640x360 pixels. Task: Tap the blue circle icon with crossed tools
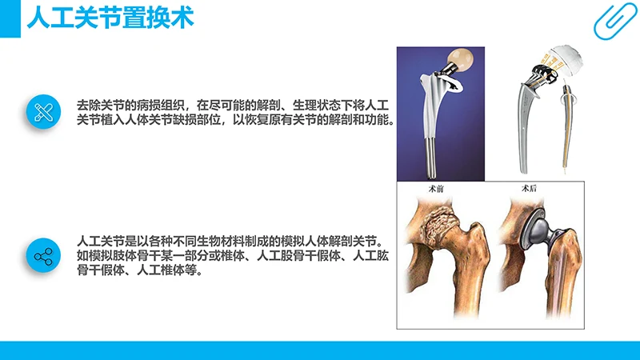(44, 112)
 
